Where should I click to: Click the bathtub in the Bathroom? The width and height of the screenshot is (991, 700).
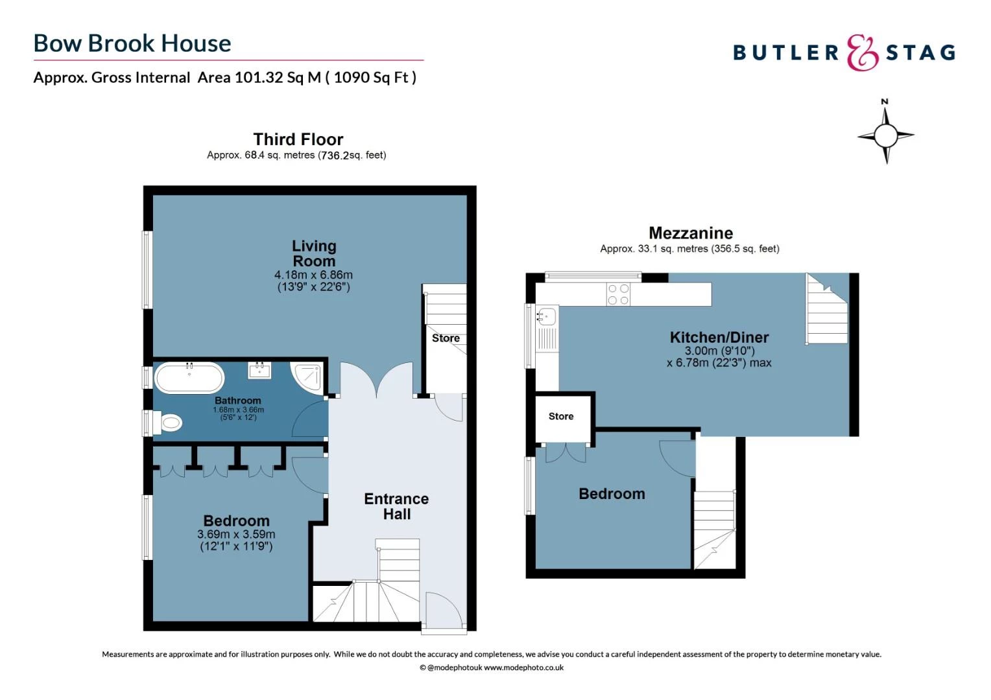[x=189, y=378]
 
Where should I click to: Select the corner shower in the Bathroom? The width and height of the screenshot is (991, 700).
[x=308, y=379]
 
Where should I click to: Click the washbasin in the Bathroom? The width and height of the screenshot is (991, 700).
[x=259, y=370]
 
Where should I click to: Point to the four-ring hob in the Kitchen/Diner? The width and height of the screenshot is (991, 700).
[x=617, y=294]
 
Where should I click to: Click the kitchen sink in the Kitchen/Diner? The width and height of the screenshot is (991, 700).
[x=546, y=317]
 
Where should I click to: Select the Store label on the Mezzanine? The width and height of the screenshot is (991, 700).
[x=561, y=417]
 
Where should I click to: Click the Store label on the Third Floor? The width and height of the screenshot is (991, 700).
[x=446, y=338]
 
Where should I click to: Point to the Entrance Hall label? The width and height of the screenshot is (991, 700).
[x=396, y=506]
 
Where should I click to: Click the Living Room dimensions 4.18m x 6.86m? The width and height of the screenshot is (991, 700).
[x=313, y=275]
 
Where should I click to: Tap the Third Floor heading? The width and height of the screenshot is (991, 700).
[x=298, y=139]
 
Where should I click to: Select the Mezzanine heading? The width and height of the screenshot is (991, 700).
[x=691, y=233]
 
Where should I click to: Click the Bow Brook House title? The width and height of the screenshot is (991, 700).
[x=132, y=43]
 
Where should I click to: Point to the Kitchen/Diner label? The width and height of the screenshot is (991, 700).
[x=719, y=338]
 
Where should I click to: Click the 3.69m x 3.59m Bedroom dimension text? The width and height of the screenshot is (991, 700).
[x=236, y=535]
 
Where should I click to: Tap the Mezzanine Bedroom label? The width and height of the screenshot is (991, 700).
[x=612, y=494]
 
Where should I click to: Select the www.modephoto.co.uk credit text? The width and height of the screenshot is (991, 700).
[x=523, y=668]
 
